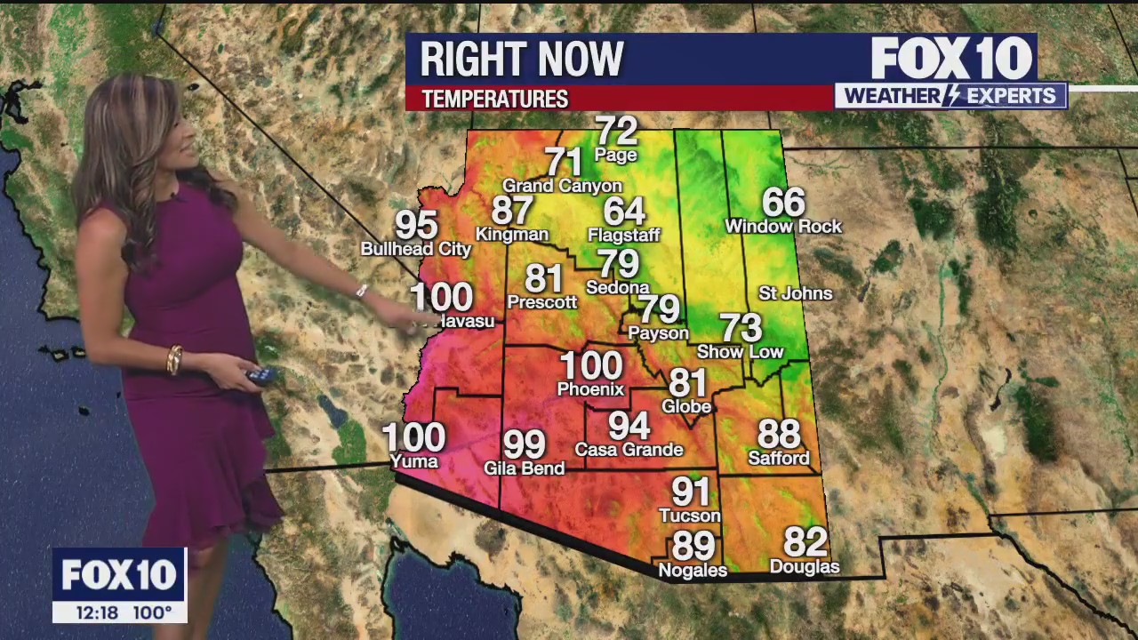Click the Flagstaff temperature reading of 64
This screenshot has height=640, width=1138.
(x=623, y=212)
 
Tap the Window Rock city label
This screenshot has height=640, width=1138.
(x=783, y=227)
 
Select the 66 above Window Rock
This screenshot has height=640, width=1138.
(x=783, y=203)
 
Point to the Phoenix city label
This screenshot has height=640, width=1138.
(x=590, y=389)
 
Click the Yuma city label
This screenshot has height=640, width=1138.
(x=414, y=461)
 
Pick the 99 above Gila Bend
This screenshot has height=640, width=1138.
(x=524, y=444)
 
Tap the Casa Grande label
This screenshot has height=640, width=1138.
(x=629, y=450)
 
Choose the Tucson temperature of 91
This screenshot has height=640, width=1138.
(x=690, y=492)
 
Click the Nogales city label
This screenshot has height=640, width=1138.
(x=692, y=571)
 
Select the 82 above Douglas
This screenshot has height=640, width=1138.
(x=805, y=541)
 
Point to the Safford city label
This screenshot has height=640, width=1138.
(x=779, y=459)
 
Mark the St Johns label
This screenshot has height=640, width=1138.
(x=795, y=293)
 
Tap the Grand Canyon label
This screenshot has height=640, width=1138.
(x=562, y=186)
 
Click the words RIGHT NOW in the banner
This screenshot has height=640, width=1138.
(x=522, y=60)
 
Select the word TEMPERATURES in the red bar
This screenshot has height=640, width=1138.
(x=494, y=99)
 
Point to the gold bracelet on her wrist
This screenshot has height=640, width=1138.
(x=174, y=360)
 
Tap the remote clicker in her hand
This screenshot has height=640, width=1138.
(x=261, y=376)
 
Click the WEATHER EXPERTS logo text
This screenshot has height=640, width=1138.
(x=950, y=96)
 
